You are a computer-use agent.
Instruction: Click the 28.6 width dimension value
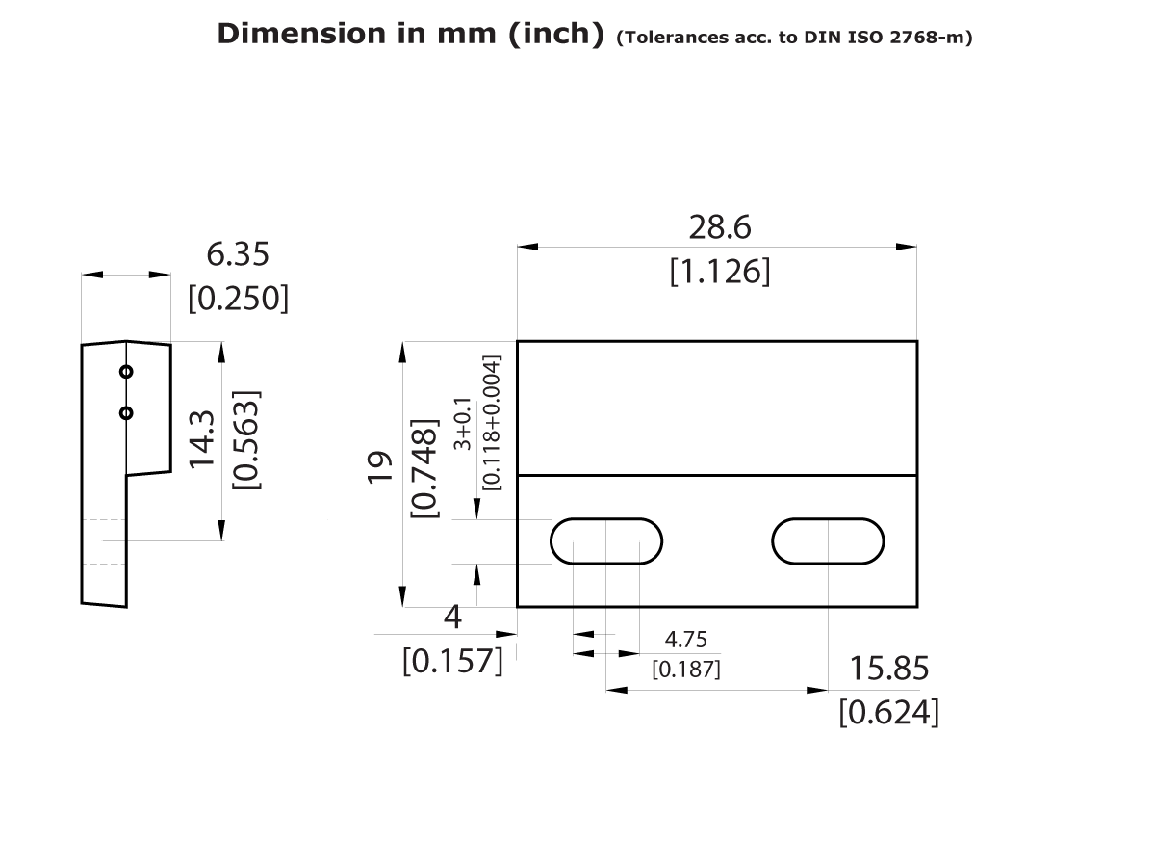tap(719, 227)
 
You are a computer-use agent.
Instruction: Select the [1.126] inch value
tap(719, 272)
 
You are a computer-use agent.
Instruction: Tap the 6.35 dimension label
tap(238, 254)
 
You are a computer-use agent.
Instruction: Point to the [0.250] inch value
tap(238, 298)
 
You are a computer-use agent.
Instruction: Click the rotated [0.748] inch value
tap(424, 467)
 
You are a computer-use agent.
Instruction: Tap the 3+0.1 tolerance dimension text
tap(464, 424)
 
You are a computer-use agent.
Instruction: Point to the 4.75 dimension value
tap(686, 639)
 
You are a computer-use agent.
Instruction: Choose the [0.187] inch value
tap(686, 668)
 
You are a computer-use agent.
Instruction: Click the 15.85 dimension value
tap(889, 668)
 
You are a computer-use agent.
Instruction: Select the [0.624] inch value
tap(889, 712)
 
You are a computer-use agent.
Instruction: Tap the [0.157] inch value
tap(452, 661)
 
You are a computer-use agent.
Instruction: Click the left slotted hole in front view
tap(606, 541)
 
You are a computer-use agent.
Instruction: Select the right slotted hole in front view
tap(828, 541)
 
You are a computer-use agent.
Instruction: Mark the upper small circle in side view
tap(126, 371)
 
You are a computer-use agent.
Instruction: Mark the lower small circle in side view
tap(126, 412)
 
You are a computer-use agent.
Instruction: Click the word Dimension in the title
tap(301, 34)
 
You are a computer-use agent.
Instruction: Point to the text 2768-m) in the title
tap(934, 39)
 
